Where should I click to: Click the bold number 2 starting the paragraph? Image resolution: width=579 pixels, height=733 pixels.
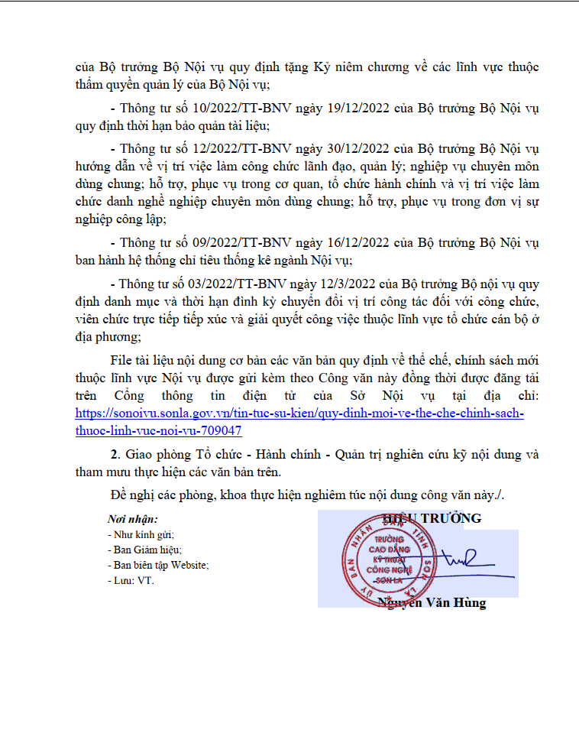click(x=114, y=454)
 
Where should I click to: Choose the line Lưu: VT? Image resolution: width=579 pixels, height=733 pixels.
click(x=131, y=580)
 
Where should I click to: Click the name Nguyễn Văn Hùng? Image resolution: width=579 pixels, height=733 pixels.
click(x=432, y=603)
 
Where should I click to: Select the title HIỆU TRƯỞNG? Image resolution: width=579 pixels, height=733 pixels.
click(x=432, y=518)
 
